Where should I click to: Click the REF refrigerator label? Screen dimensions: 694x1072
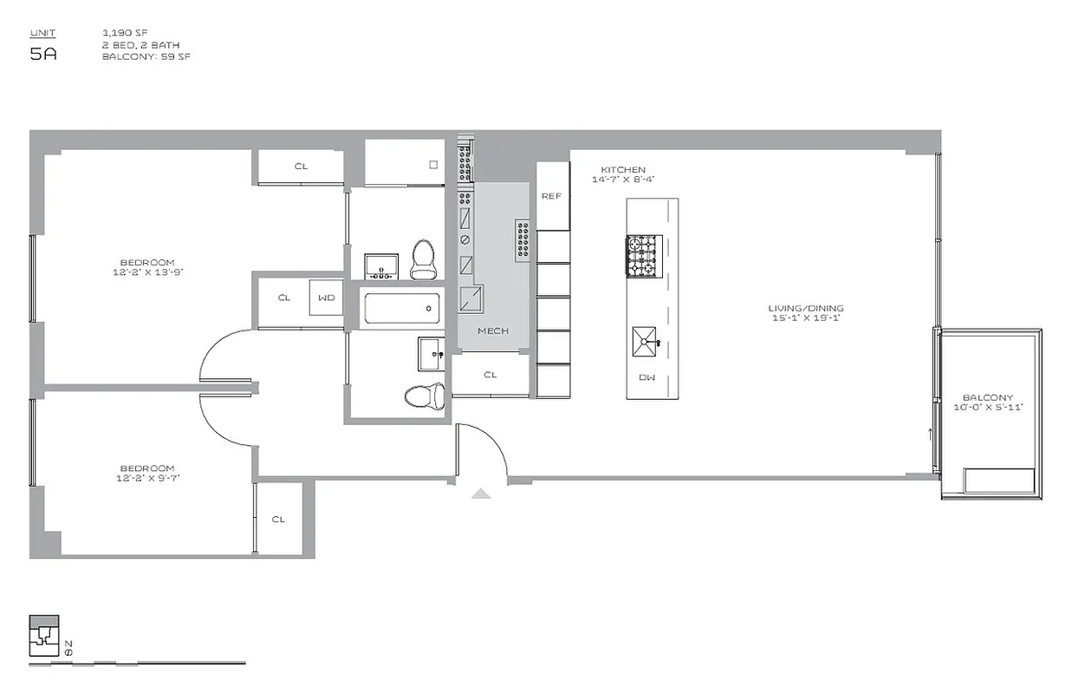pyautogui.click(x=551, y=196)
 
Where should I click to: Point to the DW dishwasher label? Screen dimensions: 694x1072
pyautogui.click(x=646, y=377)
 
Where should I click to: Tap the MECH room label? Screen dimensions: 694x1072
pyautogui.click(x=492, y=331)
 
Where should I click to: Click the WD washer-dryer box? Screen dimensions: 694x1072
pyautogui.click(x=326, y=298)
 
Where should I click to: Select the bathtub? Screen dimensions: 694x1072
pyautogui.click(x=401, y=307)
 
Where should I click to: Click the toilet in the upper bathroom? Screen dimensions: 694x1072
pyautogui.click(x=423, y=259)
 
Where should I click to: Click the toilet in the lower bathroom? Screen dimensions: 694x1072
pyautogui.click(x=425, y=396)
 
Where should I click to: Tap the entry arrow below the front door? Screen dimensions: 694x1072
pyautogui.click(x=481, y=494)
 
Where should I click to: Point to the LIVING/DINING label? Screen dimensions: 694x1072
pyautogui.click(x=805, y=308)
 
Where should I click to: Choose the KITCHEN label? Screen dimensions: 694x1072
pyautogui.click(x=624, y=170)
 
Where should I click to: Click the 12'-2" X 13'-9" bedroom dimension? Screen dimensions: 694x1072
pyautogui.click(x=147, y=272)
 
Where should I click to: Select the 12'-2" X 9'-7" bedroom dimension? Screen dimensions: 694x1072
pyautogui.click(x=147, y=477)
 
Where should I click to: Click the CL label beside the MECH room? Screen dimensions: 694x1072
pyautogui.click(x=491, y=375)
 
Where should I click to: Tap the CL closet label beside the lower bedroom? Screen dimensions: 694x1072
pyautogui.click(x=278, y=520)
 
